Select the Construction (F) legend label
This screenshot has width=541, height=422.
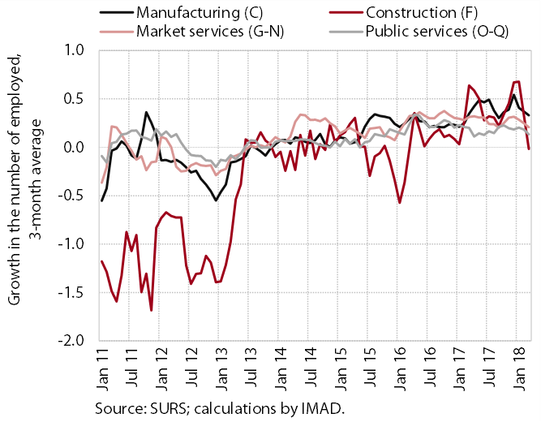tap(422, 13)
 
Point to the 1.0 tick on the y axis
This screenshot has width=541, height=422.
tap(74, 50)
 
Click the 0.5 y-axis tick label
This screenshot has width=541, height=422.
tap(74, 99)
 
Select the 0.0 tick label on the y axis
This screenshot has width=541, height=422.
tap(74, 148)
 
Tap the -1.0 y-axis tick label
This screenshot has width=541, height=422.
tap(71, 244)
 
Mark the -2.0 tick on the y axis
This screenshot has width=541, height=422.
tap(71, 341)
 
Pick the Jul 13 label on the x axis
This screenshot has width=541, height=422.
tap(251, 368)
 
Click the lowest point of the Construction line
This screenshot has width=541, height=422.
tap(151, 310)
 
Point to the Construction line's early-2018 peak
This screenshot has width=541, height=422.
tap(517, 81)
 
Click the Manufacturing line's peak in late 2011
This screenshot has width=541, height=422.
tap(146, 112)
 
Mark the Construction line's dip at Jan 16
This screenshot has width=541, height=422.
tap(400, 203)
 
